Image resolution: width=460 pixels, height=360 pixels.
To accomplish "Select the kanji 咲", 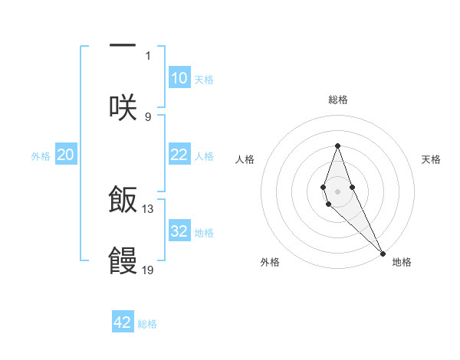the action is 123,106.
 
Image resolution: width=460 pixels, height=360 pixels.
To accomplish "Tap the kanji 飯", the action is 123,199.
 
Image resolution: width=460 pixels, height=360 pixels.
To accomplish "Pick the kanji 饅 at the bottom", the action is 123,260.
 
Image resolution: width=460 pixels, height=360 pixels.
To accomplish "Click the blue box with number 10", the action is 179,78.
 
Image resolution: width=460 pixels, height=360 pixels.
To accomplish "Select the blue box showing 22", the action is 179,155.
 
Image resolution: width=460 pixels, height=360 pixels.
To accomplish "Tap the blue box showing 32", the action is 179,231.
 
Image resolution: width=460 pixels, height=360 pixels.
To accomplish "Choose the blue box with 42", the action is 123,322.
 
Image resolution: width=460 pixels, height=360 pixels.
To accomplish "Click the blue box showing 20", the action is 65,155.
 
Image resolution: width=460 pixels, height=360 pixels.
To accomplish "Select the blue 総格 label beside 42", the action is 147,324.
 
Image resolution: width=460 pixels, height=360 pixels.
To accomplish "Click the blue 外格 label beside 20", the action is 41,156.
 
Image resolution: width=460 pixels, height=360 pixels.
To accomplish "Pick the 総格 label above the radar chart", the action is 337,100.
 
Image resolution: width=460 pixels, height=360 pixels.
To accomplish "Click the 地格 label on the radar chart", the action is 402,262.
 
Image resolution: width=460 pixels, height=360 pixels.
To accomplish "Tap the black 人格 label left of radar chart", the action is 245,159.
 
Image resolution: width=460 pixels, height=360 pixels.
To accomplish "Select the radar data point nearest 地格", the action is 382,253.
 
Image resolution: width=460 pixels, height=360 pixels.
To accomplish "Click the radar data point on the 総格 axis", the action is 337,146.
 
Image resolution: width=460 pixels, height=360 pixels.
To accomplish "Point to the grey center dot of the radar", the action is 337,190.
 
